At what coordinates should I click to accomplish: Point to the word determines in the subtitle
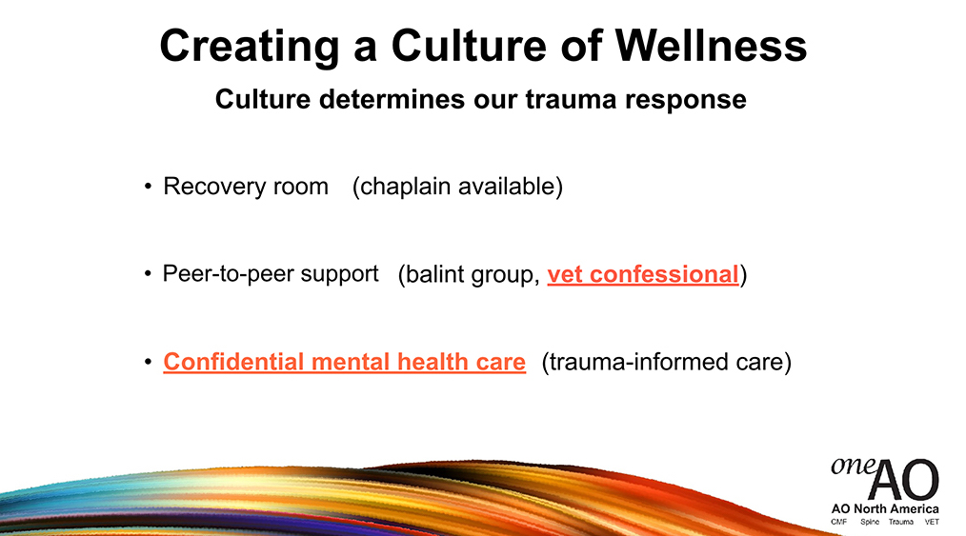click(x=392, y=99)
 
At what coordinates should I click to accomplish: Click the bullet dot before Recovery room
click(x=148, y=187)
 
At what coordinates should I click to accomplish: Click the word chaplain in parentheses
click(x=400, y=187)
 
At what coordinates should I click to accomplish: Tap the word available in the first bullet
click(x=509, y=187)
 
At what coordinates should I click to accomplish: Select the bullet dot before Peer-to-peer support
click(x=148, y=274)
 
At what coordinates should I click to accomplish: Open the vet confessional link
click(x=642, y=275)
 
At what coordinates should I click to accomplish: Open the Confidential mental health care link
click(x=344, y=362)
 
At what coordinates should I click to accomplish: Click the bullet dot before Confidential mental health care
click(x=148, y=362)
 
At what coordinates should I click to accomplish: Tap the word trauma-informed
click(x=630, y=362)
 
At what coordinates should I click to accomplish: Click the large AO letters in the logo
click(x=904, y=480)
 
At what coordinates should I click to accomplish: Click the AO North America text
click(x=885, y=509)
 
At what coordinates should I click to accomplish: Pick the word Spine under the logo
click(x=870, y=522)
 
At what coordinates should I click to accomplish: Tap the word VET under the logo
click(x=932, y=522)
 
